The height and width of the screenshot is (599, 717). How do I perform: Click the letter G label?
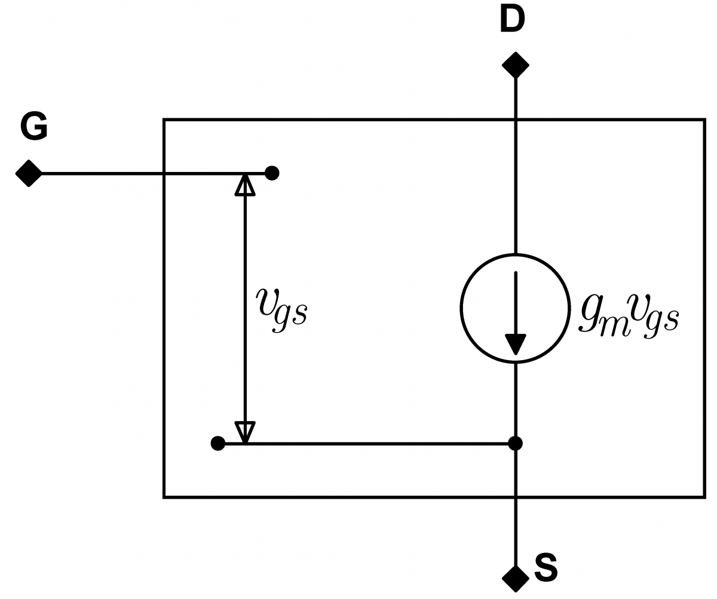point(33,127)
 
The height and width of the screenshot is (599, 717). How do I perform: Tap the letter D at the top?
point(511,20)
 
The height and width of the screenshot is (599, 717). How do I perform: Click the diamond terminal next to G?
point(29,174)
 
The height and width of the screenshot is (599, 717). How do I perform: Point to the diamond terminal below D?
point(516,64)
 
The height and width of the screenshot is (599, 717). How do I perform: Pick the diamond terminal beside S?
point(515,578)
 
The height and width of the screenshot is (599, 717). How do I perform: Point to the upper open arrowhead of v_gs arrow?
point(245,185)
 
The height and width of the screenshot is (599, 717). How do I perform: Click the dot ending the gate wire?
point(272,174)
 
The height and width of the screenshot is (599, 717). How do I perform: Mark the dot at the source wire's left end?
point(218,444)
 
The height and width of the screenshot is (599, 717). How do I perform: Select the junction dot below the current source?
point(515,444)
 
